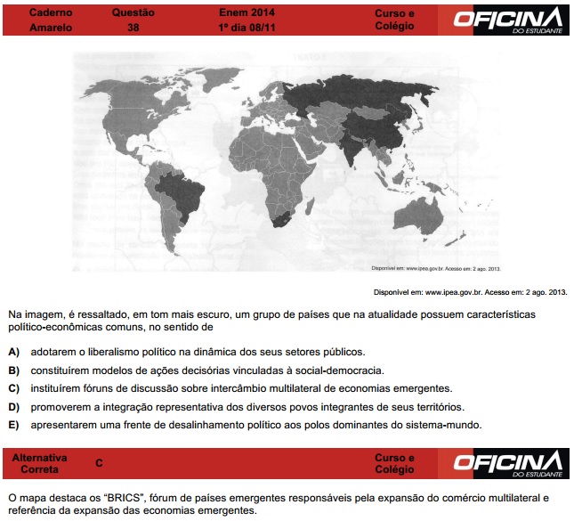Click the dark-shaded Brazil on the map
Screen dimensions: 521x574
click(x=183, y=195)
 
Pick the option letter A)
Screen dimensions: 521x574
click(x=13, y=352)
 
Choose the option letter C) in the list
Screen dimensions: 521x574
click(x=13, y=388)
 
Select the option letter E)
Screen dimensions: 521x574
click(x=13, y=425)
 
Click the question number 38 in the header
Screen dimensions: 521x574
click(x=133, y=28)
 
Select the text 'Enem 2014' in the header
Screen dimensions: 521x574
click(x=247, y=13)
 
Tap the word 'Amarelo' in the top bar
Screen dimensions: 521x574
click(x=51, y=28)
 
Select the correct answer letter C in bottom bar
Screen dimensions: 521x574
click(x=99, y=463)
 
